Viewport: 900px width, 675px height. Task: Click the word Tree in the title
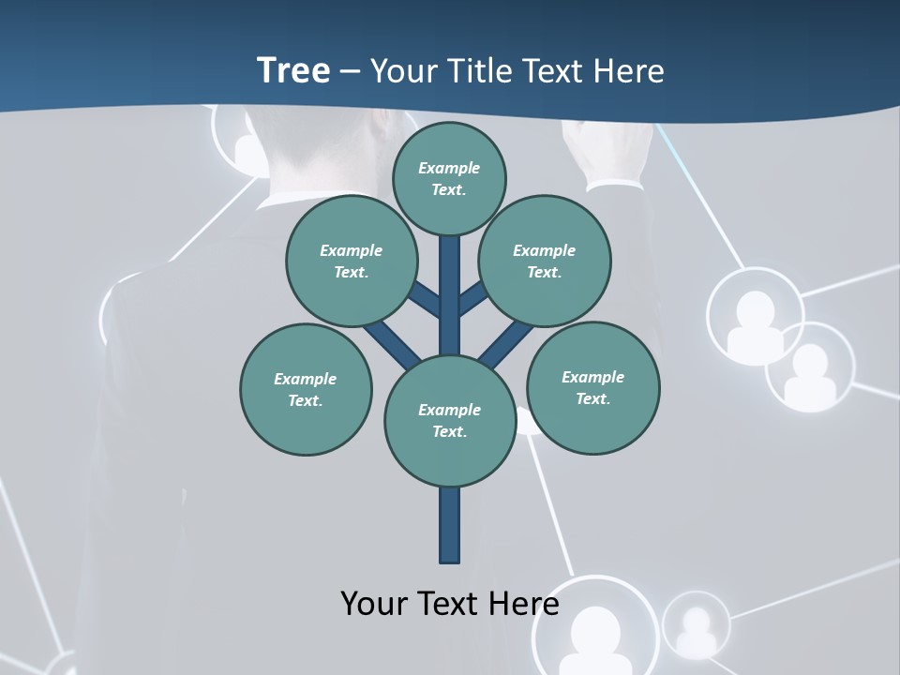click(293, 70)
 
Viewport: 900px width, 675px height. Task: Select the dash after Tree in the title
click(351, 72)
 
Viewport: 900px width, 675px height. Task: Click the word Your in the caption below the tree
click(374, 603)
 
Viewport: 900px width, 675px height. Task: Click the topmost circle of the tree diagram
click(449, 178)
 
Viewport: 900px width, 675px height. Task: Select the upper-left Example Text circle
click(352, 261)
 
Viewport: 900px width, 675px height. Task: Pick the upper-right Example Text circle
click(545, 261)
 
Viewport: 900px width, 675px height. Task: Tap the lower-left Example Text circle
click(306, 389)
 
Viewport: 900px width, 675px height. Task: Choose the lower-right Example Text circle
click(592, 387)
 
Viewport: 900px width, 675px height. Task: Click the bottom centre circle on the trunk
click(450, 421)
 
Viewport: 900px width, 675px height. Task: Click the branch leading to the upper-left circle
click(427, 300)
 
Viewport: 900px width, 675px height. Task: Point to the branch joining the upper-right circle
click(473, 300)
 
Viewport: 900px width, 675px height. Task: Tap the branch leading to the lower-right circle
click(506, 342)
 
